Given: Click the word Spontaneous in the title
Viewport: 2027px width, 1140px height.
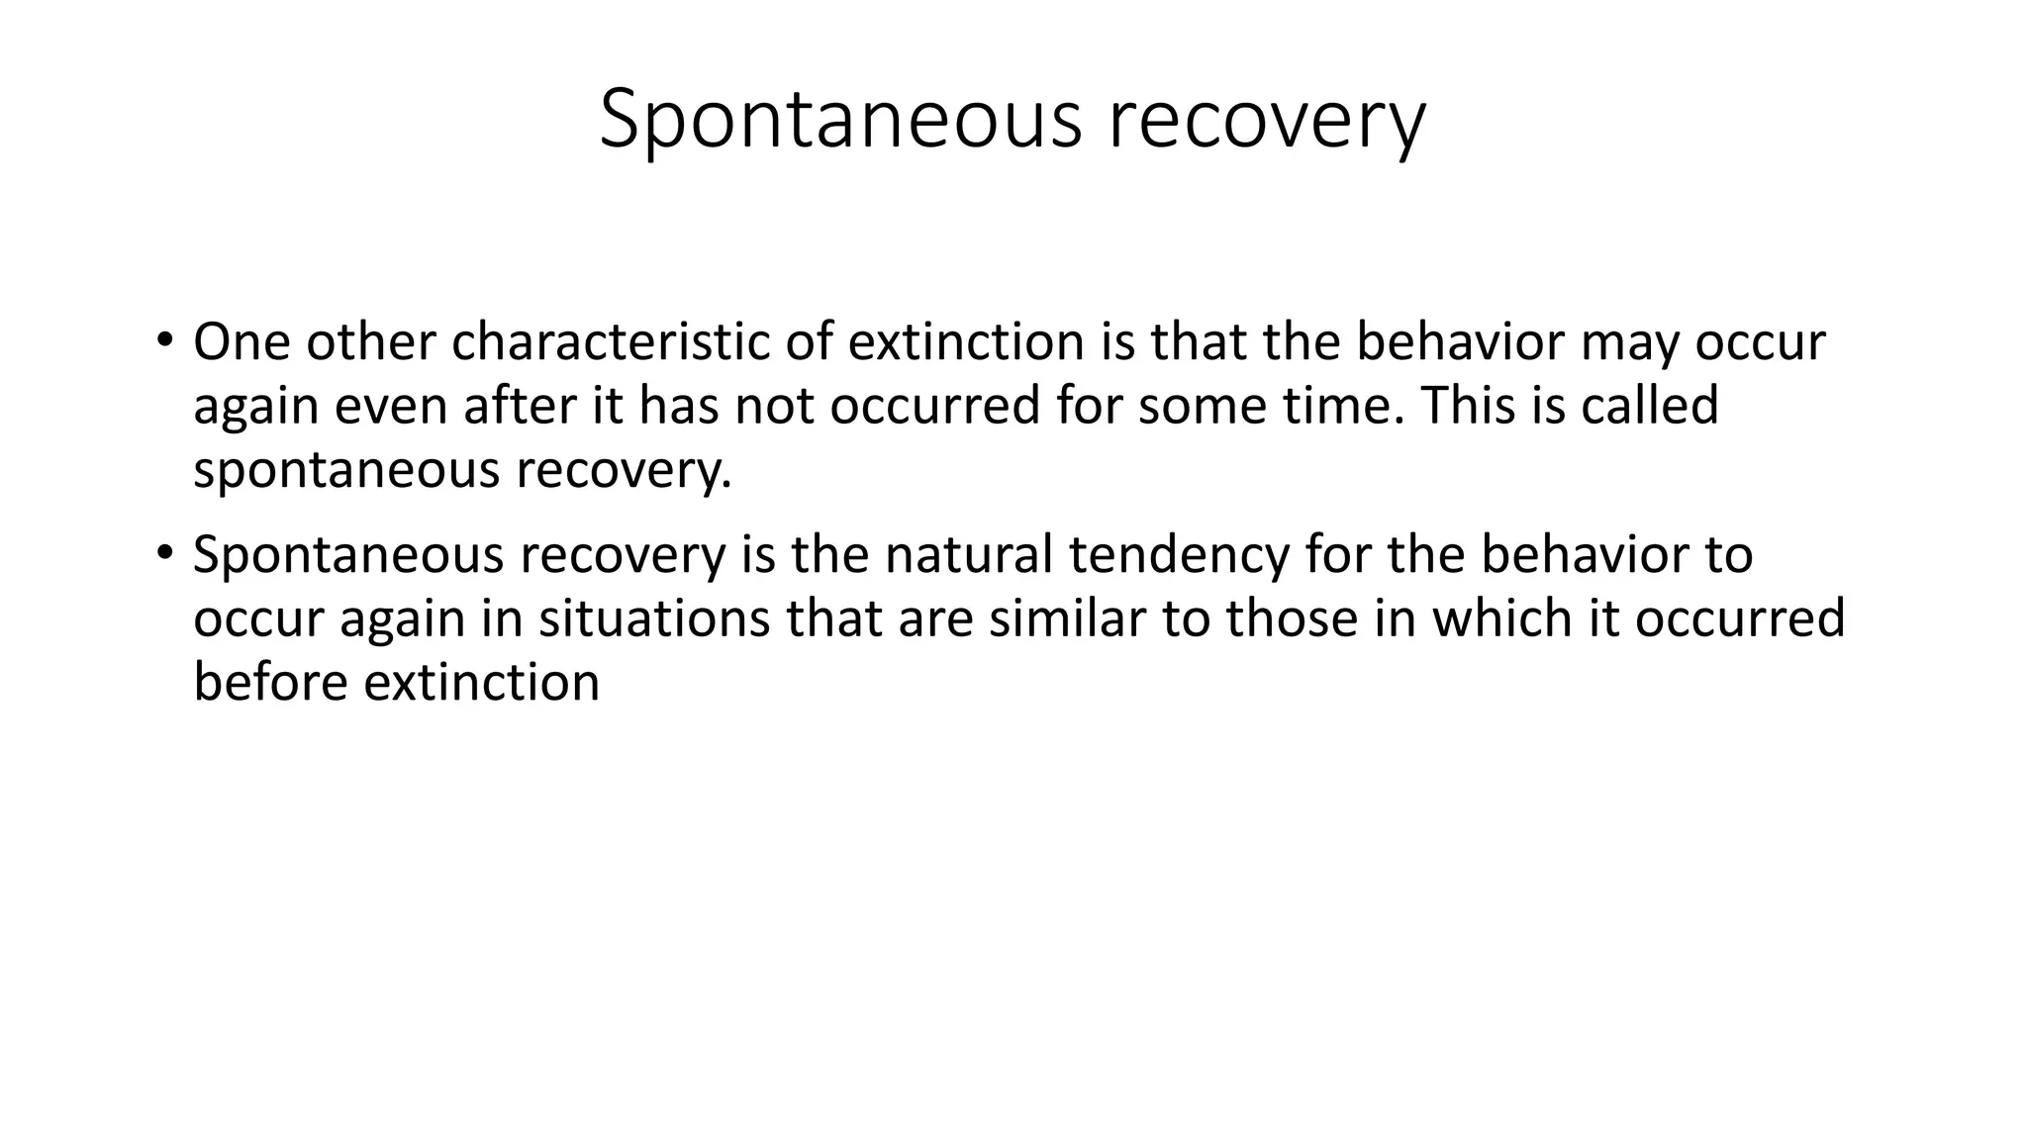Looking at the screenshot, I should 840,120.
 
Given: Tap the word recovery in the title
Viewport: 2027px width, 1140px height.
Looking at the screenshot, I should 1266,120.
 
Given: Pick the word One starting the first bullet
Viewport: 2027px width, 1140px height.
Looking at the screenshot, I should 241,342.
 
